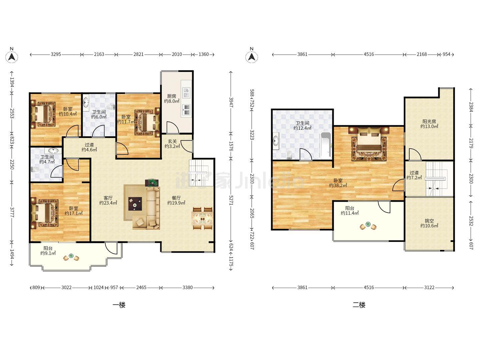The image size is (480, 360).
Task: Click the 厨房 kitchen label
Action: [172, 96]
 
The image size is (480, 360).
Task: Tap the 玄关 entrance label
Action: [172, 141]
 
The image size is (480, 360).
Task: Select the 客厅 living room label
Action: [108, 198]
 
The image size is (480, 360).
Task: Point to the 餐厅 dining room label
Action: [176, 198]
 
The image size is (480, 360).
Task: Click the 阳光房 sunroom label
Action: [429, 121]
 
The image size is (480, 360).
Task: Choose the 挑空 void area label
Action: [429, 221]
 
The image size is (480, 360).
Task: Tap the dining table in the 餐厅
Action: [202, 219]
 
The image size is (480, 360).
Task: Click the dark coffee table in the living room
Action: [135, 204]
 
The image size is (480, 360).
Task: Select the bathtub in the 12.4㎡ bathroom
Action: [326, 145]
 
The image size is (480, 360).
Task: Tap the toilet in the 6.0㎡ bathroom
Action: [112, 107]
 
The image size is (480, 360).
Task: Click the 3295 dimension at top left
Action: [56, 54]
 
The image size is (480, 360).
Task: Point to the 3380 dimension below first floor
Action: [188, 287]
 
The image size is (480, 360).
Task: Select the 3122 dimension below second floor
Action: [429, 287]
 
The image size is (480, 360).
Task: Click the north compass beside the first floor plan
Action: [12, 56]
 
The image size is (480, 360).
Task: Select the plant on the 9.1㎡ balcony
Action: [71, 255]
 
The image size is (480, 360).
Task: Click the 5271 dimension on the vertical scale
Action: [231, 200]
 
